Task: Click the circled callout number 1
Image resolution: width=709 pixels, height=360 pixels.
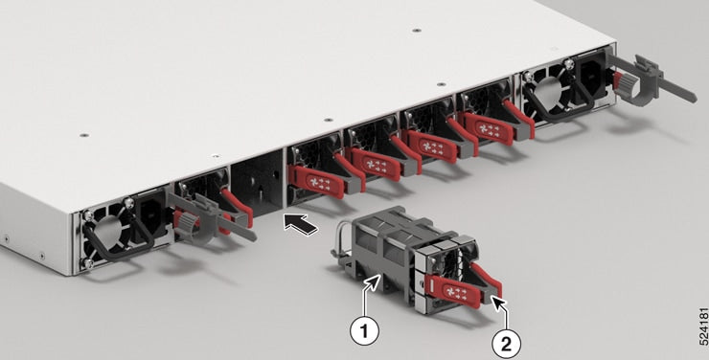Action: click(x=362, y=331)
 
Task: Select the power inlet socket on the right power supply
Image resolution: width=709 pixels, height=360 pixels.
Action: click(x=590, y=75)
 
